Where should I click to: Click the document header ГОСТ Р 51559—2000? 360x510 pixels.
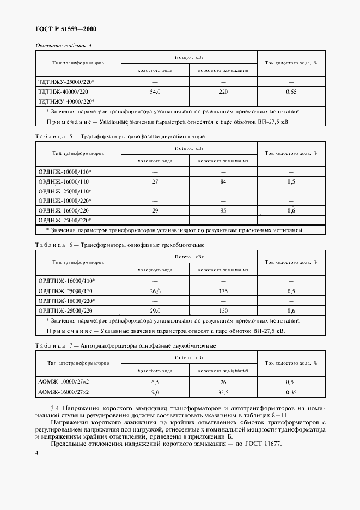tap(66, 29)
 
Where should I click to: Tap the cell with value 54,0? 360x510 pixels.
tap(155, 92)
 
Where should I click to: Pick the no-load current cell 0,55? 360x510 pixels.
tap(291, 92)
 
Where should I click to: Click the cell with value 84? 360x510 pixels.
tap(223, 181)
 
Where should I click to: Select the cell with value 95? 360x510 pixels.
tap(223, 210)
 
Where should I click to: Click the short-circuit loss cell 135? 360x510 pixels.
tap(223, 291)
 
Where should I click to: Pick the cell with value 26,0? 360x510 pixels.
tap(155, 291)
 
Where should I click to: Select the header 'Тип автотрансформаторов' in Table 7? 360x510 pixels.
tap(78, 363)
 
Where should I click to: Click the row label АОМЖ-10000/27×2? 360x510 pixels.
tap(64, 382)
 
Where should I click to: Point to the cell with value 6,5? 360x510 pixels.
tap(155, 382)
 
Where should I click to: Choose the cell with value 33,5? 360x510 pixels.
tap(223, 392)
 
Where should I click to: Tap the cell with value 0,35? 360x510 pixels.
tap(291, 392)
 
